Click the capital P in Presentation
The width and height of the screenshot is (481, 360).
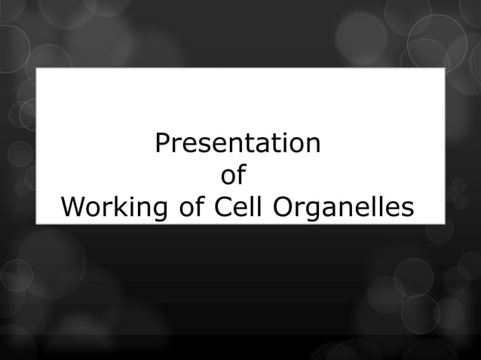point(161,143)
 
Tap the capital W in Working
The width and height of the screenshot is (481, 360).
point(73,206)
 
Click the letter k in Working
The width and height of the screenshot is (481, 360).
point(114,206)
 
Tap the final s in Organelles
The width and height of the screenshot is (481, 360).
point(407,207)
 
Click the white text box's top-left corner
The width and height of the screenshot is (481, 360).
point(37,69)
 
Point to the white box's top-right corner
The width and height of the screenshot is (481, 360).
point(444,69)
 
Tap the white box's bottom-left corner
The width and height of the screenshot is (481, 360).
point(37,223)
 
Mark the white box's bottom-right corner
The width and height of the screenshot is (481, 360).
point(444,223)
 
